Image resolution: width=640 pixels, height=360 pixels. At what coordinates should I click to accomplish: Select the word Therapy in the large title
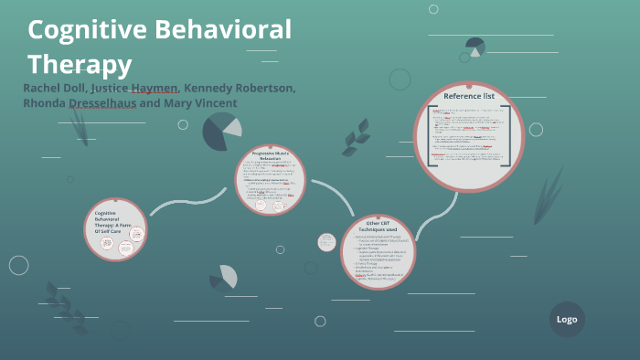pyautogui.click(x=80, y=65)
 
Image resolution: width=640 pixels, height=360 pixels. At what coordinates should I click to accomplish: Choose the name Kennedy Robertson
pyautogui.click(x=240, y=88)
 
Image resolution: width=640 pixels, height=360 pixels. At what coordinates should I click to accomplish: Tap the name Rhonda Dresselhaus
pyautogui.click(x=80, y=103)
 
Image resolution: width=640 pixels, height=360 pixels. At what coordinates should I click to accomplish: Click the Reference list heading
pyautogui.click(x=468, y=96)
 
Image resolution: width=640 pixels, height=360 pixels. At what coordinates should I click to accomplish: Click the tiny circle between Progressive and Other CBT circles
pyautogui.click(x=326, y=242)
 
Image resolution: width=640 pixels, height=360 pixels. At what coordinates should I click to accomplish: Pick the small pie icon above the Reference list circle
pyautogui.click(x=475, y=46)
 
